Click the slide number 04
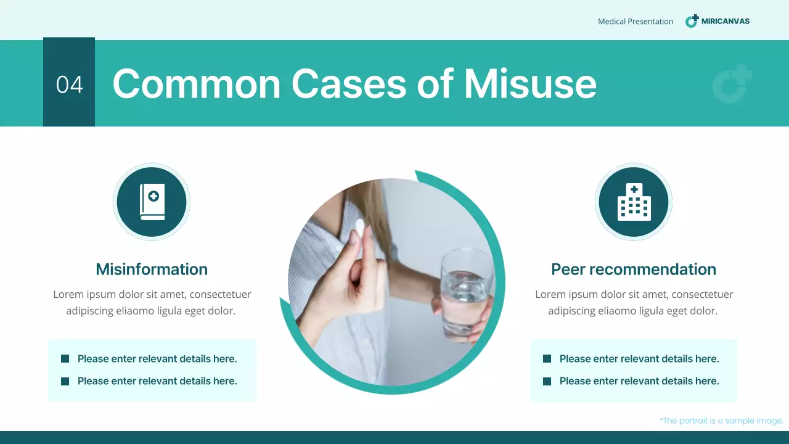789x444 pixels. tap(69, 84)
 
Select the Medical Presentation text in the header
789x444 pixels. tap(636, 22)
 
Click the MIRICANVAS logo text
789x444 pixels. tap(726, 21)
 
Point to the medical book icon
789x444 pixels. tap(152, 202)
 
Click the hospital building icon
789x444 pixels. tap(634, 202)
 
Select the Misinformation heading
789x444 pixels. tap(152, 269)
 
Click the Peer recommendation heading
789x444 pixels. tap(634, 269)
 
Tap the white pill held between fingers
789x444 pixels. tap(359, 227)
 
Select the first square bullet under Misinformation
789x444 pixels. tap(65, 359)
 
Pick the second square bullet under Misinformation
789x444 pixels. tap(65, 381)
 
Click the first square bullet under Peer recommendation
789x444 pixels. tap(547, 359)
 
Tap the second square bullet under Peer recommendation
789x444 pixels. tap(547, 381)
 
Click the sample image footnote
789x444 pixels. tap(721, 421)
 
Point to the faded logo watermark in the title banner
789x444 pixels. tap(732, 84)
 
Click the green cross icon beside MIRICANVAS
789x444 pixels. tap(692, 21)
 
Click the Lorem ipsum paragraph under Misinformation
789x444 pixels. tap(152, 303)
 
